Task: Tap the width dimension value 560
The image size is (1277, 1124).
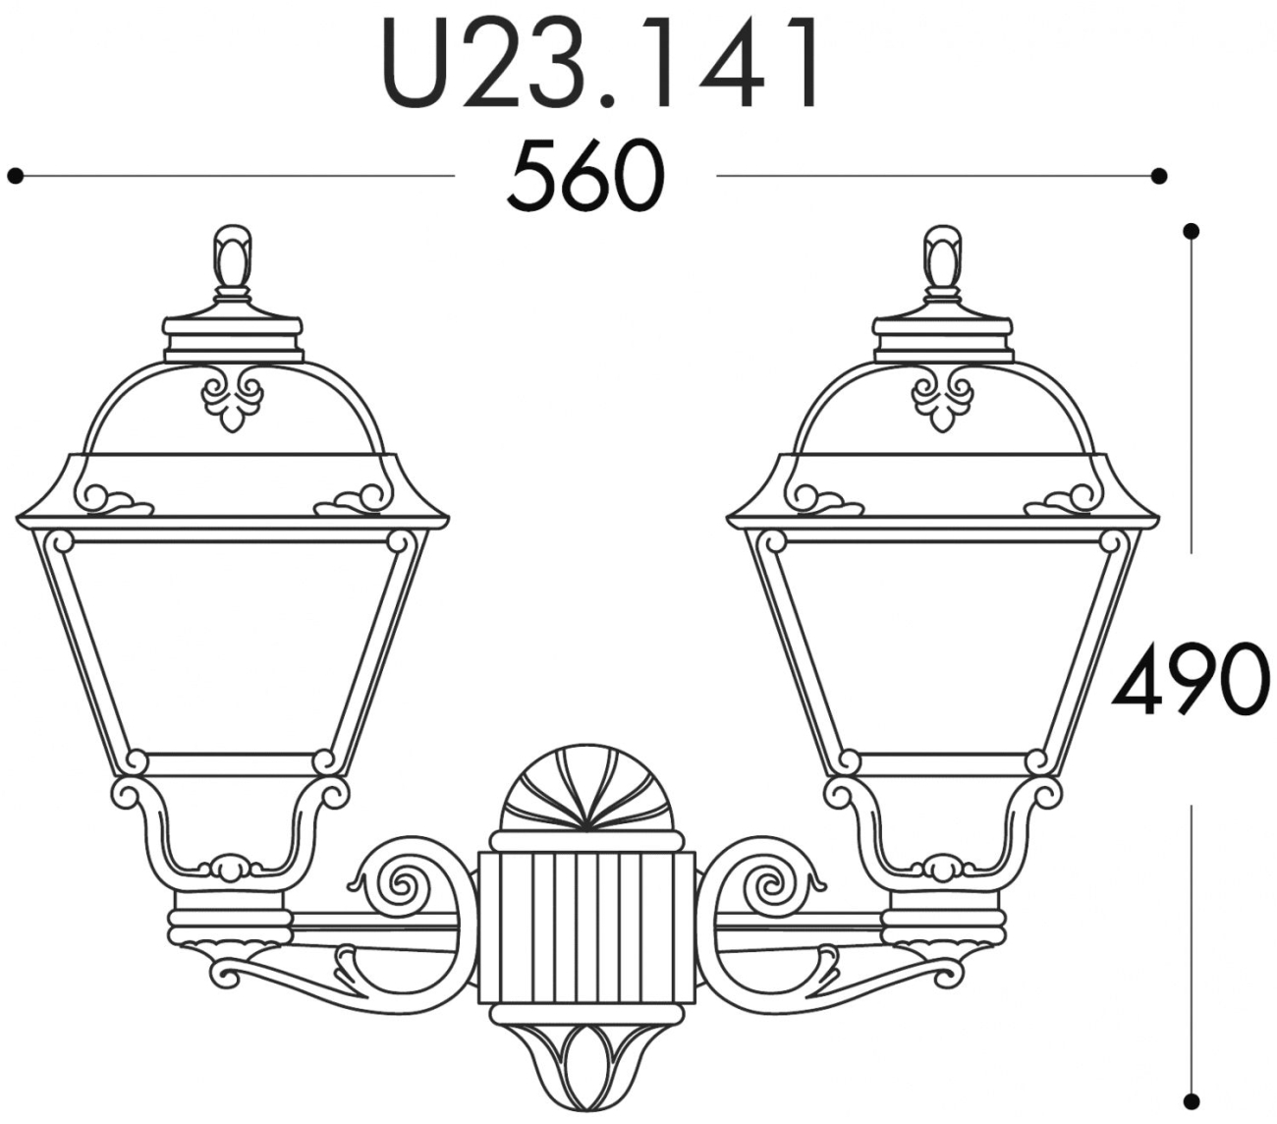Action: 585,175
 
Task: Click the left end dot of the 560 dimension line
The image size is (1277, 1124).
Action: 16,175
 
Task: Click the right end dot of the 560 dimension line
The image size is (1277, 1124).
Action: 1158,175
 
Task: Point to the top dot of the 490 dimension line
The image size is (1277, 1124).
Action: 1191,231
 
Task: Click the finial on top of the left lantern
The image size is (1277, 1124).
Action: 233,263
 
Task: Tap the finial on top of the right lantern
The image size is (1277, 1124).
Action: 943,263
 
